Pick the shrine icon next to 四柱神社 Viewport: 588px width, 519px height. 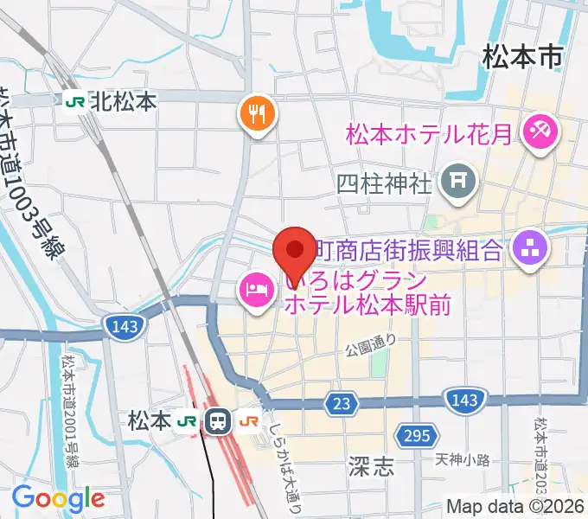pos(454,181)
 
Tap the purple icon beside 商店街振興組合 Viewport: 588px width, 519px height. pos(527,249)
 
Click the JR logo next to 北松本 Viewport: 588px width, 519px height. pos(74,102)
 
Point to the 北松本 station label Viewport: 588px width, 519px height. pos(123,102)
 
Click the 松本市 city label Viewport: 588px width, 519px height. pos(522,57)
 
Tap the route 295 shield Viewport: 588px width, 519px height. pos(416,434)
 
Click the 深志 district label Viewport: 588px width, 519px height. pos(374,468)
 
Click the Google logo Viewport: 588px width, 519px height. pos(58,498)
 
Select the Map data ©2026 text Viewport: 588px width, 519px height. pos(517,508)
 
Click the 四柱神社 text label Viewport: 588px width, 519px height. pos(383,183)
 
